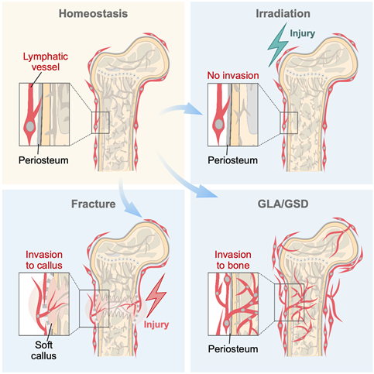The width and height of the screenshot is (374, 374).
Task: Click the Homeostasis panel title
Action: tap(93, 14)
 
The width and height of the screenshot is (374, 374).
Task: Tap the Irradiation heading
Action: tap(283, 14)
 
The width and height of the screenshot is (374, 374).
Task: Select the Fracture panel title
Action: tap(94, 204)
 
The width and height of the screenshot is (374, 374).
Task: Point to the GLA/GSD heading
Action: tap(283, 204)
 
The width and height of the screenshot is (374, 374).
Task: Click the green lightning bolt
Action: tap(278, 46)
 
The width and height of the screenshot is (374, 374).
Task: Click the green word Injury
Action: tap(302, 33)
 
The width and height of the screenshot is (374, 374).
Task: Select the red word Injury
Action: tap(156, 324)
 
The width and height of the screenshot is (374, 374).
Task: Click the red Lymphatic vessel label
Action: tap(46, 62)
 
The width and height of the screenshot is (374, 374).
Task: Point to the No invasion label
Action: tap(233, 76)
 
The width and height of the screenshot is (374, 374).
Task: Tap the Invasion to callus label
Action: tap(44, 260)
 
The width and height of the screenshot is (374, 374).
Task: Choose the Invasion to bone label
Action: tap(233, 260)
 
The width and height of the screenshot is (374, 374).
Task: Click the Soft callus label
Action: tap(43, 350)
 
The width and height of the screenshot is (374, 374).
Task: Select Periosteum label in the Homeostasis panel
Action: tap(43, 160)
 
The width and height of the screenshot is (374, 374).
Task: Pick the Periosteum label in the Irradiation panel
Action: tap(232, 160)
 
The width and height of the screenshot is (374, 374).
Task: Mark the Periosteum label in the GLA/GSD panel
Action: tap(233, 349)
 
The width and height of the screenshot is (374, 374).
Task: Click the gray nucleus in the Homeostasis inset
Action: tap(30, 126)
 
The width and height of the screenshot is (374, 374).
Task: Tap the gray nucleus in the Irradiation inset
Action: tap(219, 125)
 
